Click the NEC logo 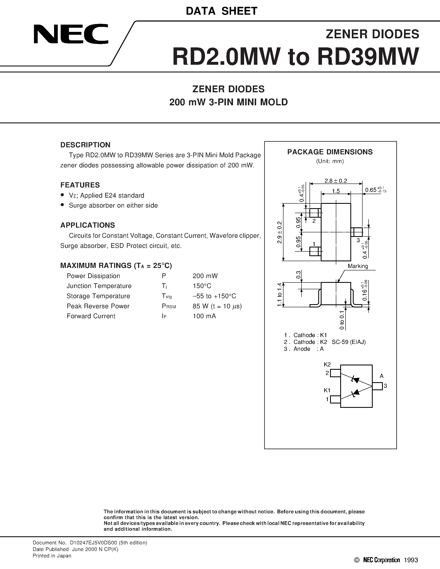(71, 34)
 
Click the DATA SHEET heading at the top (222, 11)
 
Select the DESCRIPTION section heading (85, 145)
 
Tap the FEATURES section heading (80, 185)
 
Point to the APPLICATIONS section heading (88, 225)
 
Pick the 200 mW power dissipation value (205, 276)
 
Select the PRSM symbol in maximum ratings (169, 306)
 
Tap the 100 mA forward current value (204, 316)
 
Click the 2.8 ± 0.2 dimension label (336, 181)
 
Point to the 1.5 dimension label (336, 191)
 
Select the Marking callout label (358, 266)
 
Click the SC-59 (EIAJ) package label (349, 342)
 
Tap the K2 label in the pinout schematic (327, 365)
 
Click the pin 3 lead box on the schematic (377, 386)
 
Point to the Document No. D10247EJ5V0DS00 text (90, 543)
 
